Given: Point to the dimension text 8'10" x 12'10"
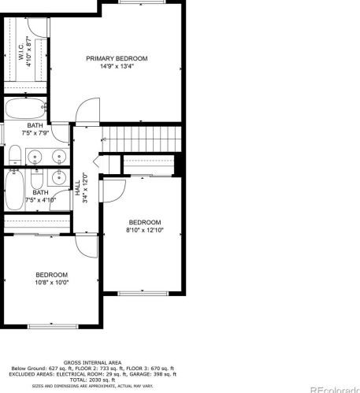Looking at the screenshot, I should click(144, 230).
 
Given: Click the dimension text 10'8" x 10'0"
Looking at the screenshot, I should click(51, 282).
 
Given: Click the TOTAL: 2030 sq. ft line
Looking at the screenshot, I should click(92, 380).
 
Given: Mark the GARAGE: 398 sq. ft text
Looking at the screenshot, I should click(154, 375).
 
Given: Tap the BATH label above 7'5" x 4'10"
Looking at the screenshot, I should click(40, 191).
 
